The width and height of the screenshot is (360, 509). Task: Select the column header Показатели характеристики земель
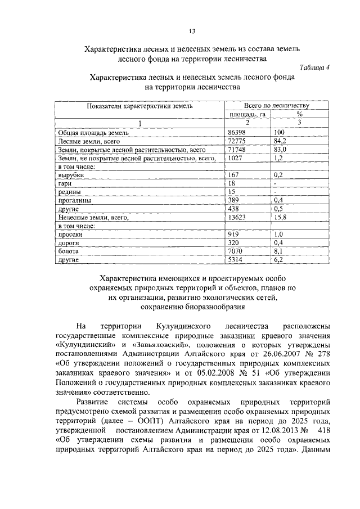139,106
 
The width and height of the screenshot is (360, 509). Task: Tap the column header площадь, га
246,114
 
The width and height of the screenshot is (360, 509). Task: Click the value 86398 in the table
237,133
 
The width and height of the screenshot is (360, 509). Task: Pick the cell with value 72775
237,142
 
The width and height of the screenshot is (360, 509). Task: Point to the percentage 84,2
281,142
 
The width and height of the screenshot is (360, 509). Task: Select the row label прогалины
72,200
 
